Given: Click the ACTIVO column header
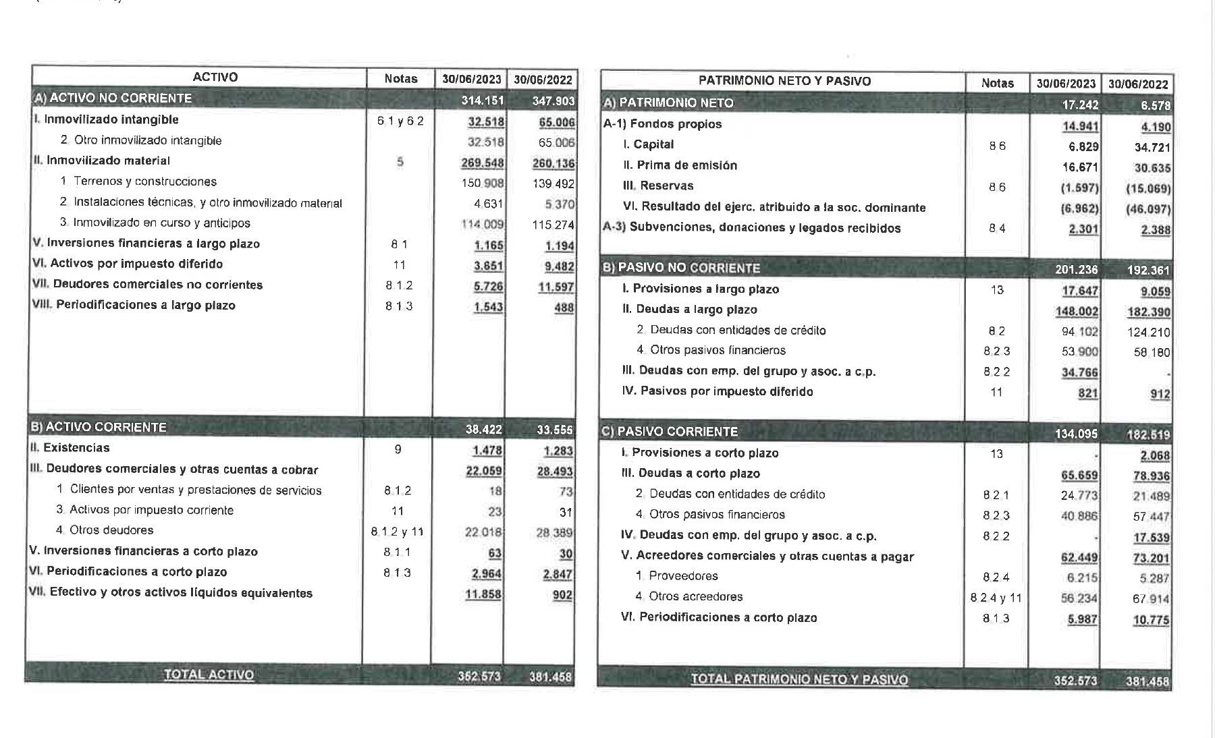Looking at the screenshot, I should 215,77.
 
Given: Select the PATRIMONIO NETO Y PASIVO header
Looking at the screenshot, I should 784,81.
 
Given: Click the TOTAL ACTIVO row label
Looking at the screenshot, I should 209,675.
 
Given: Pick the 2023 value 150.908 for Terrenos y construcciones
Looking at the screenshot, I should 482,182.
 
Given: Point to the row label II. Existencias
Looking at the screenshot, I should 70,447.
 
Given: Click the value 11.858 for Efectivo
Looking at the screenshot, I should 483,594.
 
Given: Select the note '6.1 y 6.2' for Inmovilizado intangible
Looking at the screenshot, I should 400,121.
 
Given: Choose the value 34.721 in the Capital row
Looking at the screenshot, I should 1152,147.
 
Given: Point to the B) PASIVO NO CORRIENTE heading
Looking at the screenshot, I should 682,268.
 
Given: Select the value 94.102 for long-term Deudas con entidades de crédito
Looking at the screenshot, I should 1079,332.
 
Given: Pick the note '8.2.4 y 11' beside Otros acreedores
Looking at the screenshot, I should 996,598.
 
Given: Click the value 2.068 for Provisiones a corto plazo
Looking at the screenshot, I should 1154,456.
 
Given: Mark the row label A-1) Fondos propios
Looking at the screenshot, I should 662,124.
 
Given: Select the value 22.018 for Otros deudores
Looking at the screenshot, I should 483,532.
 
